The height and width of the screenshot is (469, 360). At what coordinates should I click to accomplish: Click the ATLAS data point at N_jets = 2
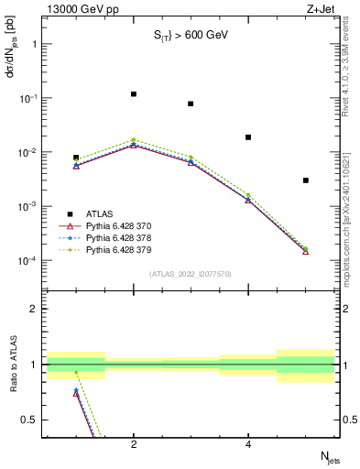(x=134, y=93)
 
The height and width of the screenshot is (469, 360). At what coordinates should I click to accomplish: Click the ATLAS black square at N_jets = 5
(x=306, y=180)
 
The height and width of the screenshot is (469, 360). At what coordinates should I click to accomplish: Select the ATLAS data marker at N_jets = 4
(x=248, y=137)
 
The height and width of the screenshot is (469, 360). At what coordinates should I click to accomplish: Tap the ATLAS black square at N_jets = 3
(x=191, y=104)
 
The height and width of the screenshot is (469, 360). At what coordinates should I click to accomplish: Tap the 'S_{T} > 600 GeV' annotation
(x=191, y=36)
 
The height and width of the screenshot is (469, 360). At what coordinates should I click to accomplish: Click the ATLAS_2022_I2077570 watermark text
(x=191, y=273)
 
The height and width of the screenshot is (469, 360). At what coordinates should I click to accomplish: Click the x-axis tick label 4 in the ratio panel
(x=248, y=445)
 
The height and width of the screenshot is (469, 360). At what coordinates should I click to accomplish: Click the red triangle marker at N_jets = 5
(x=306, y=250)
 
